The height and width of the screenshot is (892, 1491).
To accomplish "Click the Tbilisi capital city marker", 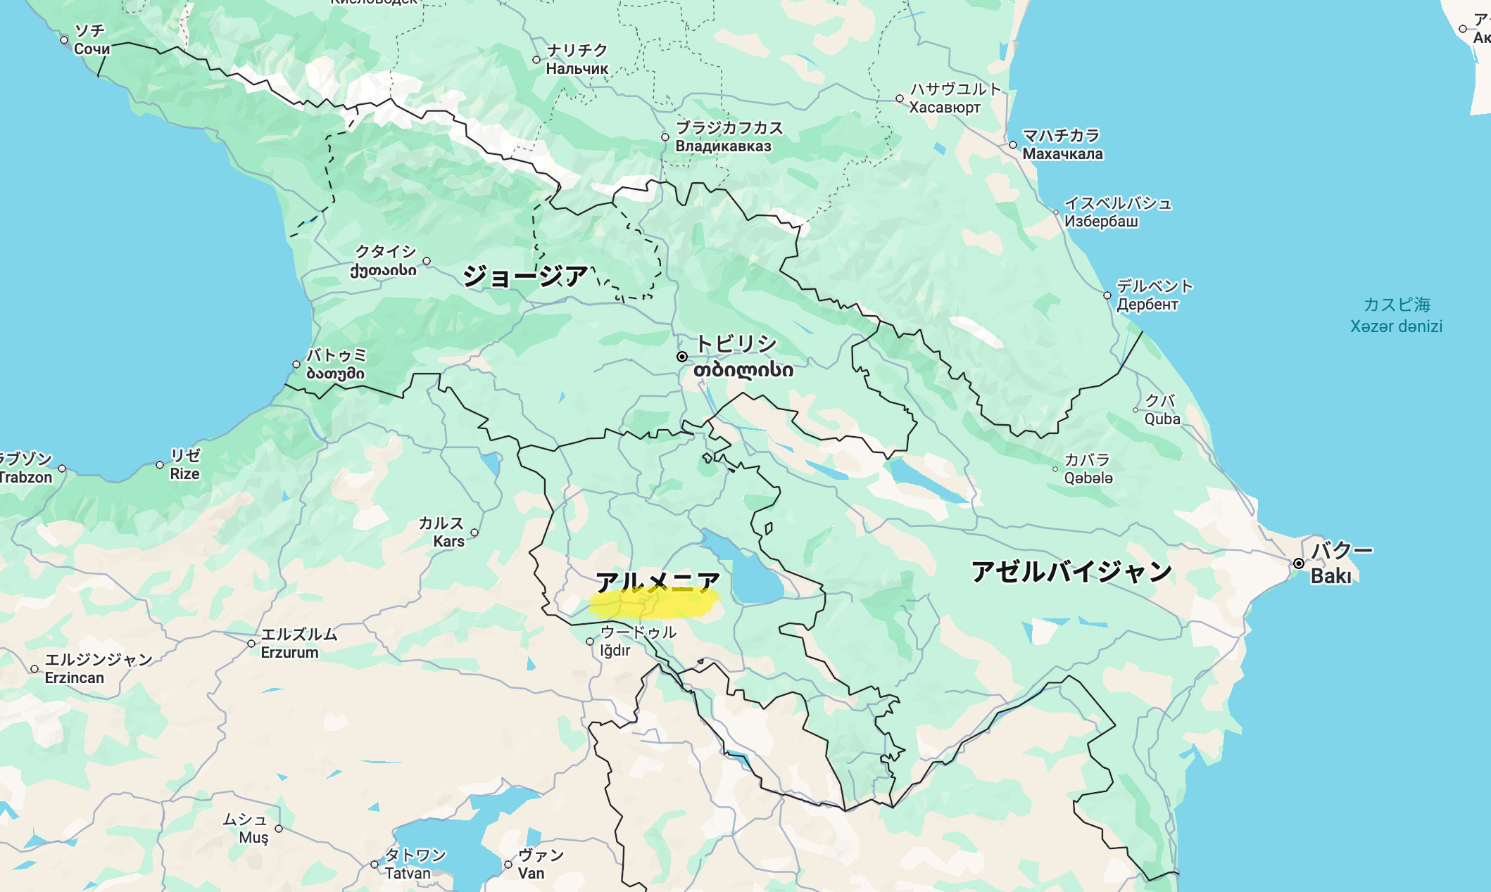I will (681, 357).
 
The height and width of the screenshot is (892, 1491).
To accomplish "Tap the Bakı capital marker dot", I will (1299, 563).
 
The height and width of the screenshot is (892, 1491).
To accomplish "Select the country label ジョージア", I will (525, 276).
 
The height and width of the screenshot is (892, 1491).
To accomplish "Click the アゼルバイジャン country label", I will (1071, 571).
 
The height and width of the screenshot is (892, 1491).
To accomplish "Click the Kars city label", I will (448, 541).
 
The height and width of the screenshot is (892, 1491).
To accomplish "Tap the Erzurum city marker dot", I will (251, 644).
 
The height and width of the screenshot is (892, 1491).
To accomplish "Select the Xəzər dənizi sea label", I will (1396, 326).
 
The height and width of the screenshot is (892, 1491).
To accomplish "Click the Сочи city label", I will (92, 49).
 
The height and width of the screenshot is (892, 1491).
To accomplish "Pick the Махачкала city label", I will (1062, 153).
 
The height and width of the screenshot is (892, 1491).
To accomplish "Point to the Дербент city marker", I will (1107, 295).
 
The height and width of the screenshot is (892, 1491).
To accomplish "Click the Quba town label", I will (1162, 419).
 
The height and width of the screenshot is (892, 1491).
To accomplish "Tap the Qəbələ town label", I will (1088, 478).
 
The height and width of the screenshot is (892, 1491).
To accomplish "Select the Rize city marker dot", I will (160, 465).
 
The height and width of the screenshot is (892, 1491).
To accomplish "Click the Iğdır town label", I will (615, 650).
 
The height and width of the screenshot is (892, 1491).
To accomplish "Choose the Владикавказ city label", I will (723, 146).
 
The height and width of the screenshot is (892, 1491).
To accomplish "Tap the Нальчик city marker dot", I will (536, 60).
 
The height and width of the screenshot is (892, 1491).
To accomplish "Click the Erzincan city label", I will (74, 677).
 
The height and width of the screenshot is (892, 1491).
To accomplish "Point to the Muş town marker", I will (279, 829).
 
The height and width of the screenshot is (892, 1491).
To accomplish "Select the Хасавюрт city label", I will (944, 107).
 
